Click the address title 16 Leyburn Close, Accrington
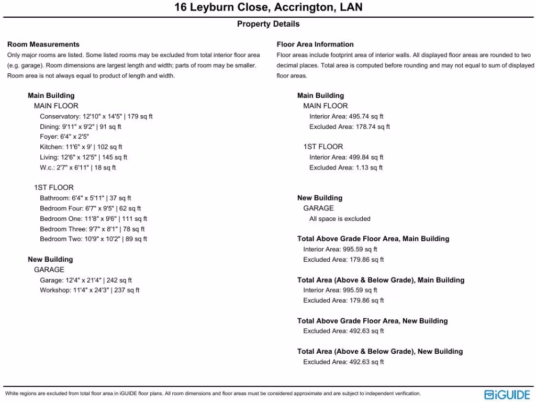point(268,8)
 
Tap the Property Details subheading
point(268,24)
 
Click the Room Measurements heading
point(43,44)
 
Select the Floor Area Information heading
point(315,44)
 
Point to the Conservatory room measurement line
point(96,116)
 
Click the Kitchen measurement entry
point(81,147)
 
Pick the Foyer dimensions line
point(64,137)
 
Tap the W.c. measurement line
point(77,167)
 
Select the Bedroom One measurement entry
point(93,219)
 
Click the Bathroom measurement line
point(85,198)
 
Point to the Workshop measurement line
point(90,290)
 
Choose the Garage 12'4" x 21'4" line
point(86,280)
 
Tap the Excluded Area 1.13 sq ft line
point(346,167)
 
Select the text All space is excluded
point(340,219)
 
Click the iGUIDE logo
point(507,394)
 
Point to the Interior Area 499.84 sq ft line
point(346,157)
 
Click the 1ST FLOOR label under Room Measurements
point(54,187)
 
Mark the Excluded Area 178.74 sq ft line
point(349,127)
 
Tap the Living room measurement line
point(83,157)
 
